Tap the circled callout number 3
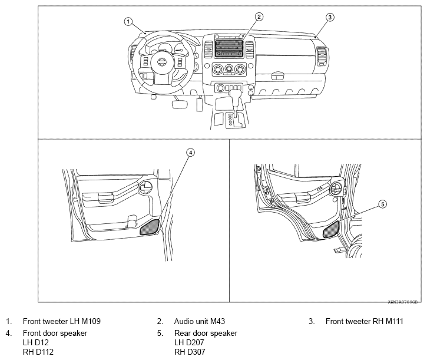[x=330, y=17]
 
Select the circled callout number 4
[x=190, y=151]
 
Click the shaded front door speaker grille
[x=150, y=226]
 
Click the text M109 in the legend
[x=90, y=322]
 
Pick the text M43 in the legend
[x=216, y=322]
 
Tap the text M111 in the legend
[x=390, y=322]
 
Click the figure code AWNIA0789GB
[x=402, y=300]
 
